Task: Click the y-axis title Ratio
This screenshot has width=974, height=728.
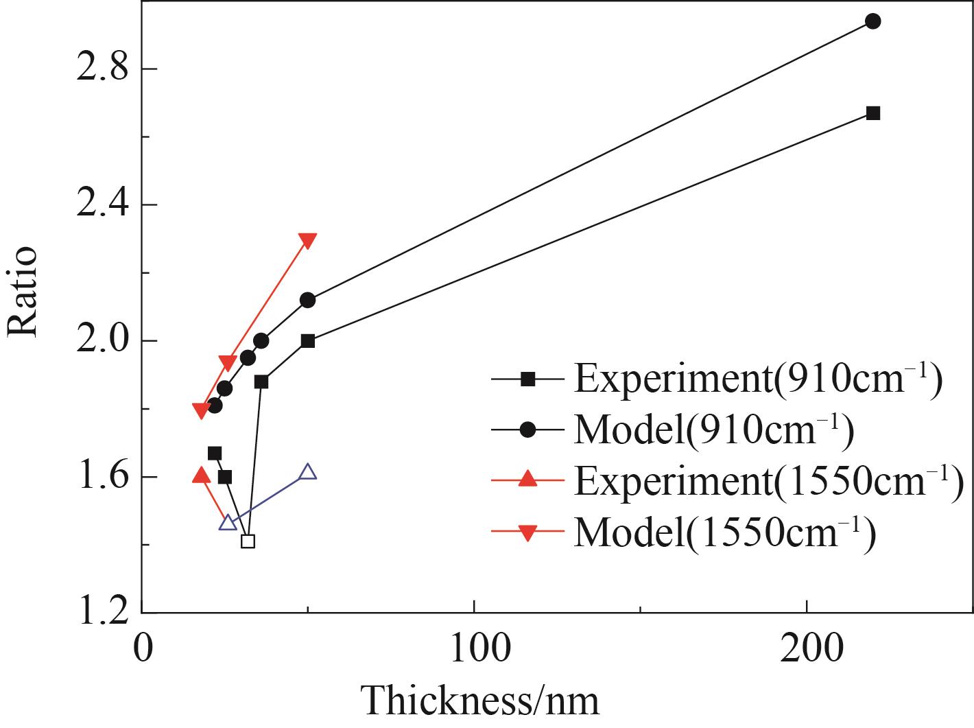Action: coord(22,291)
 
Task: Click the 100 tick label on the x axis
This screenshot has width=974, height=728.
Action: coord(474,648)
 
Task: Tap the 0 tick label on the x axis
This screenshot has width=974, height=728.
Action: coord(143,648)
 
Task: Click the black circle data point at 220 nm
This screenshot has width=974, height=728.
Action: coord(872,21)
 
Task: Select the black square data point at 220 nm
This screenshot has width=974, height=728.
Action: coord(872,113)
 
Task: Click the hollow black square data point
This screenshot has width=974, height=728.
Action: coord(248,541)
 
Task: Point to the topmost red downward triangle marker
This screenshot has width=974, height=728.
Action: coord(308,240)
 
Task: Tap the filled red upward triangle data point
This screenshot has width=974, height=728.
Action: coord(201,475)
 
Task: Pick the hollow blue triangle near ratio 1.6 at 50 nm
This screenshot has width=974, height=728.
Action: coord(308,471)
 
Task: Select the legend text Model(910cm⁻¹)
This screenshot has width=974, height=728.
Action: coord(713,430)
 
